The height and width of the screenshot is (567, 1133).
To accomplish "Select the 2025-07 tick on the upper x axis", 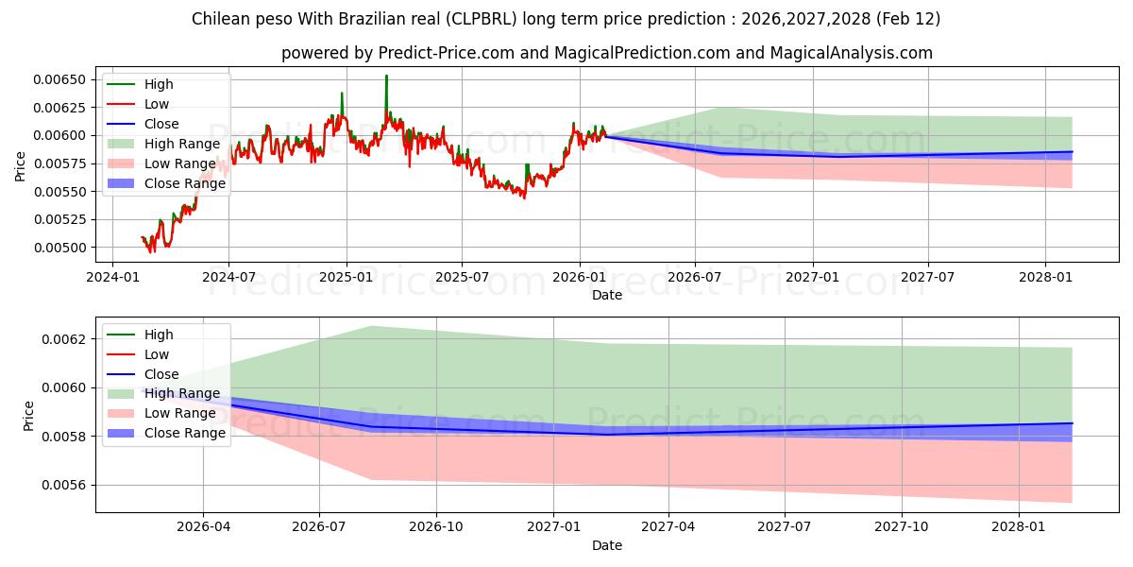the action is tap(461, 277).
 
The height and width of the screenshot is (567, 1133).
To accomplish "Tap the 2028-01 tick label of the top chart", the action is tap(1045, 277).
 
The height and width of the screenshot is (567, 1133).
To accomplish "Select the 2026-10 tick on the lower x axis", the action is tap(436, 527).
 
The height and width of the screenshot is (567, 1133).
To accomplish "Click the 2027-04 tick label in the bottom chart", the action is tap(668, 527).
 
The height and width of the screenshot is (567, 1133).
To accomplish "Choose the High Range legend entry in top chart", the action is tap(182, 144).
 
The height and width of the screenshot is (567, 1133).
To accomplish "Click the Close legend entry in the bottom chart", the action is tap(161, 374).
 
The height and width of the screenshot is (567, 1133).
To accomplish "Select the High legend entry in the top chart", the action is tap(159, 84).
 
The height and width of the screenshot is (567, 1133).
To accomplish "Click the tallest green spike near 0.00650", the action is tap(386, 77).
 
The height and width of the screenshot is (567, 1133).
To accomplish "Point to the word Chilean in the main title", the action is tap(219, 19).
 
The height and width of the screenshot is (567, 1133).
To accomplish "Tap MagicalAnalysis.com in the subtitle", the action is tap(852, 53).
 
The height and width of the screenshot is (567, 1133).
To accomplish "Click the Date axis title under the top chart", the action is tap(606, 295).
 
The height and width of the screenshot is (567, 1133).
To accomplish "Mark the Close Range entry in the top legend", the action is tap(185, 183).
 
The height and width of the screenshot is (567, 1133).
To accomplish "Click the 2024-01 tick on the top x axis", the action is tap(113, 277).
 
